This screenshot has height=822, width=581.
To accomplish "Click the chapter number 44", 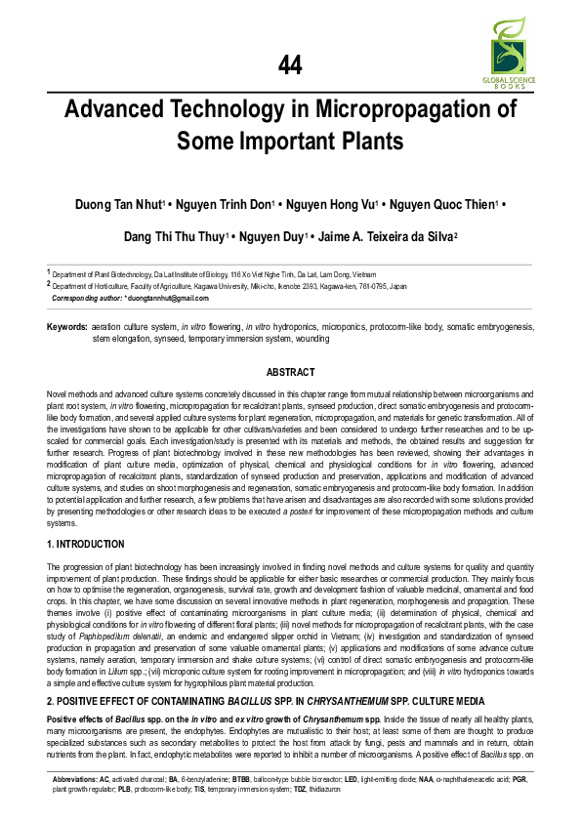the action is [290, 65].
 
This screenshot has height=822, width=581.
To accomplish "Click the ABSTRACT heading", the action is [290, 372].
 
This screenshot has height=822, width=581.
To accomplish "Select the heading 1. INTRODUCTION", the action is [87, 544].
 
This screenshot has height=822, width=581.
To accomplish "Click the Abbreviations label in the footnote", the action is [74, 779].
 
